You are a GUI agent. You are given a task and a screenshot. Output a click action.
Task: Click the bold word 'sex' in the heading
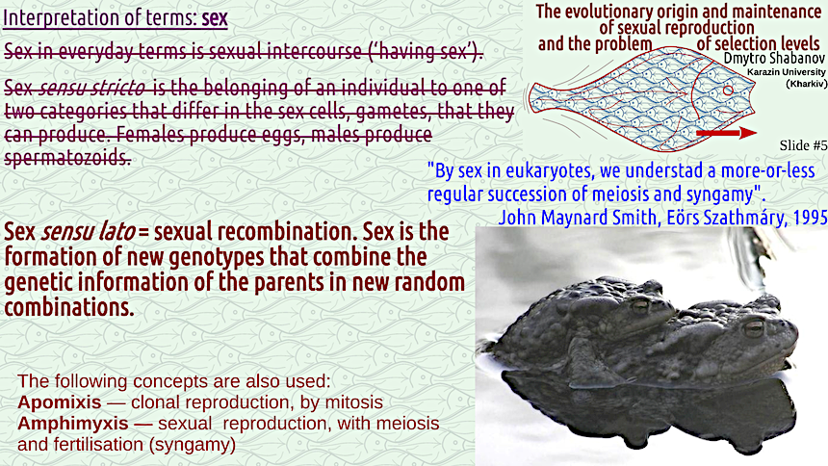click(x=215, y=18)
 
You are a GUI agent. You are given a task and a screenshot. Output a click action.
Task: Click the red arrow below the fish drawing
click(x=727, y=133)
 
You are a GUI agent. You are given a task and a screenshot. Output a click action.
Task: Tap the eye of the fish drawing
click(x=728, y=91)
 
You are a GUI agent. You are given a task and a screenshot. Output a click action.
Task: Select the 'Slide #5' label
click(x=803, y=145)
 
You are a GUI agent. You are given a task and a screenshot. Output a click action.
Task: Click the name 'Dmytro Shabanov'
click(x=774, y=58)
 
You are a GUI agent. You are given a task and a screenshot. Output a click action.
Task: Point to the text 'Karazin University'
click(x=787, y=72)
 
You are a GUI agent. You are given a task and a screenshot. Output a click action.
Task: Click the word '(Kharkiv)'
click(x=807, y=84)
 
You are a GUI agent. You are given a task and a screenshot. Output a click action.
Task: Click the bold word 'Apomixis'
click(x=59, y=402)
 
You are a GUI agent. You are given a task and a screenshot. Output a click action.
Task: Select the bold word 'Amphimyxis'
click(x=73, y=424)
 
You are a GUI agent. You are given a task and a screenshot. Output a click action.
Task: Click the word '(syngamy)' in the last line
click(x=193, y=445)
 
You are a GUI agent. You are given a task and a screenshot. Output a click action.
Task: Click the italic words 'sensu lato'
click(x=88, y=231)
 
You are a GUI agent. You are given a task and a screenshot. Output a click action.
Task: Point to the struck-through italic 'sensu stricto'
click(x=91, y=89)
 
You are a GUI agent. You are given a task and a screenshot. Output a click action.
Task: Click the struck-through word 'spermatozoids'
click(x=67, y=157)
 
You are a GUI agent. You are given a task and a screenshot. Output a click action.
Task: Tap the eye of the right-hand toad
click(x=754, y=327)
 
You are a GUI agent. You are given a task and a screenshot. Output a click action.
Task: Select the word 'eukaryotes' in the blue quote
click(x=543, y=171)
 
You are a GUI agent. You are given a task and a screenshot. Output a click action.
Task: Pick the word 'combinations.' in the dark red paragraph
click(x=69, y=307)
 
